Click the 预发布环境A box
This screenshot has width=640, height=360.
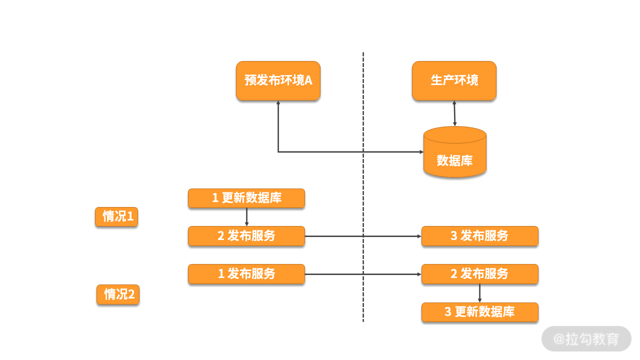278,80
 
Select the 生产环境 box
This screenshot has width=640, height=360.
454,80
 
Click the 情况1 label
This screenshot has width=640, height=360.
116,217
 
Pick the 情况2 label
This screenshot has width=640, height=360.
118,294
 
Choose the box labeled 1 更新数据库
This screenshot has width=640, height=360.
246,198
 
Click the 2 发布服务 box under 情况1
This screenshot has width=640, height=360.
246,236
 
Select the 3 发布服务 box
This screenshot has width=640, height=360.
479,236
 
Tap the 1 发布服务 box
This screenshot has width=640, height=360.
246,274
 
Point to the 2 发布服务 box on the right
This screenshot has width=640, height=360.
479,274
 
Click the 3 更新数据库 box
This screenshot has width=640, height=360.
479,312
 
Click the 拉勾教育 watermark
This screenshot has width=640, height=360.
586,339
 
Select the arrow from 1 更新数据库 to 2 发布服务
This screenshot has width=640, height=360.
246,217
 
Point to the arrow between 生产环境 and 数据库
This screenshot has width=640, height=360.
454,113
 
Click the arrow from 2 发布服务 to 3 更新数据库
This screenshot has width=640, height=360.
479,293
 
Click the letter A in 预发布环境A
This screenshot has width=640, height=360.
308,80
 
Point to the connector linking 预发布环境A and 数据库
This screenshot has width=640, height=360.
320,151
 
